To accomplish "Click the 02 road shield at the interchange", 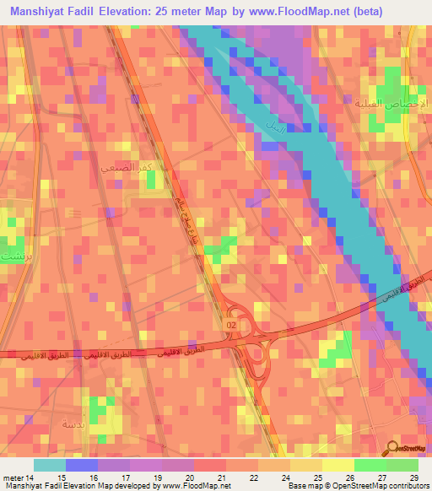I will [232, 324].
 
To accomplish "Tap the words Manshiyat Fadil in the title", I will [53, 12].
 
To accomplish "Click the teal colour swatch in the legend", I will [50, 465].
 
